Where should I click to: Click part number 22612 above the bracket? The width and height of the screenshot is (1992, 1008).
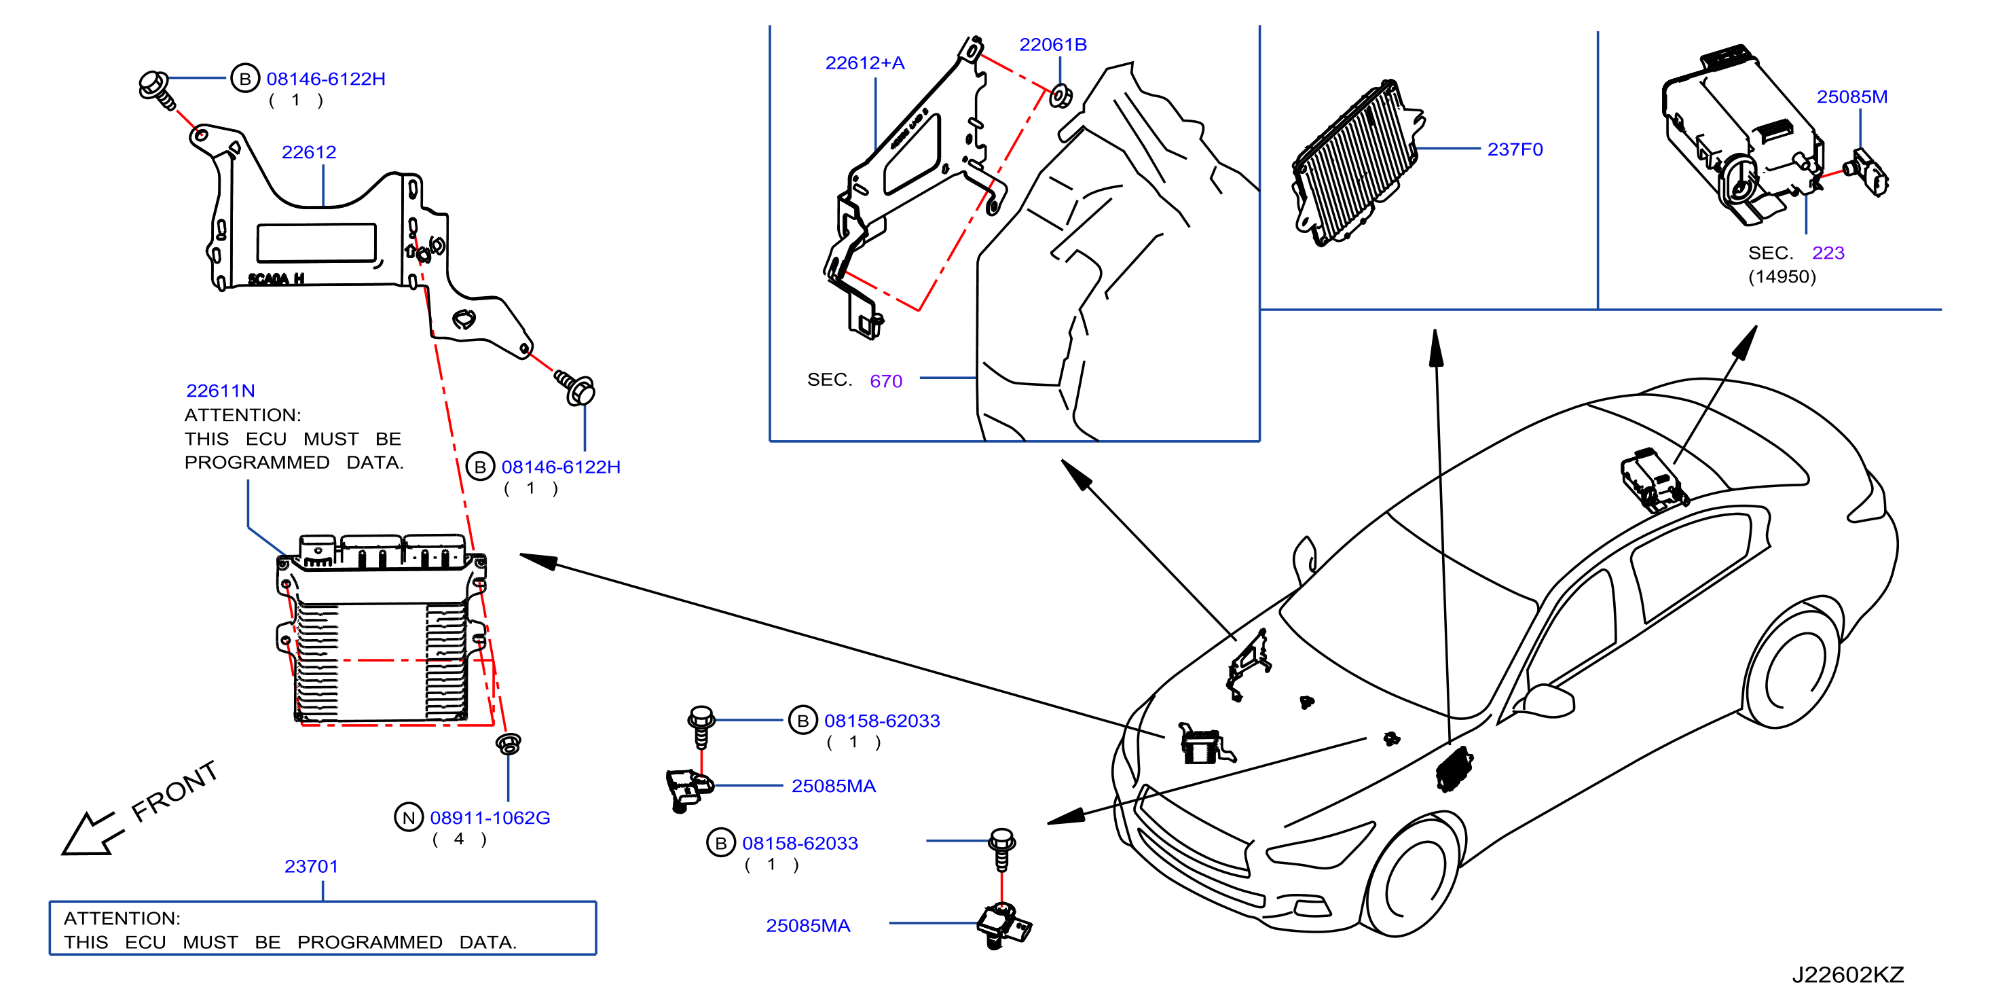(x=308, y=152)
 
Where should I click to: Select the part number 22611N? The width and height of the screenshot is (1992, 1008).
(x=221, y=391)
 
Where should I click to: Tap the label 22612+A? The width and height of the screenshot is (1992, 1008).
(x=864, y=62)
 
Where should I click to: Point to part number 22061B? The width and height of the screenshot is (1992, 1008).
(x=1052, y=45)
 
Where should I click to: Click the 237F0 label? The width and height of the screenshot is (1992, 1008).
(x=1515, y=149)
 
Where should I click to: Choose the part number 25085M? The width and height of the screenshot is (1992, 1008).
(x=1852, y=96)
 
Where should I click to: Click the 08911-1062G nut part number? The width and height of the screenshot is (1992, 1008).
(x=490, y=818)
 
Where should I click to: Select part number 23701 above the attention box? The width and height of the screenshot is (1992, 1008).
(x=311, y=867)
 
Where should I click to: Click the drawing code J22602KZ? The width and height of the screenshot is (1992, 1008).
(x=1847, y=975)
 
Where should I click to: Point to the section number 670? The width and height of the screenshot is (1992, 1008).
(x=885, y=380)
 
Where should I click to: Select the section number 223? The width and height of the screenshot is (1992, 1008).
(x=1828, y=253)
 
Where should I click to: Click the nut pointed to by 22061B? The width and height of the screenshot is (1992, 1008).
(x=1060, y=96)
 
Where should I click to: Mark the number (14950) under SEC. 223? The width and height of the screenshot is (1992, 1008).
(x=1782, y=277)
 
